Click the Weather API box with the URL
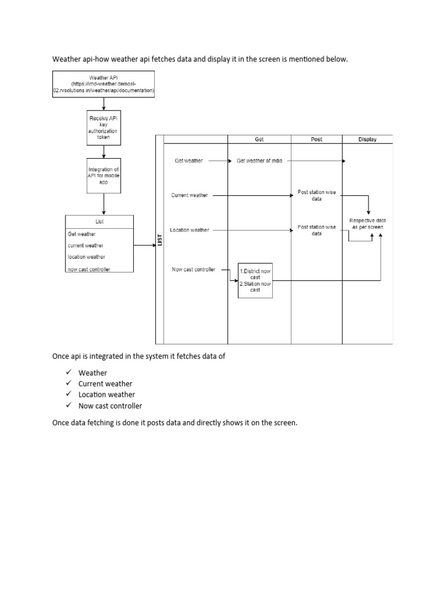pos(104,84)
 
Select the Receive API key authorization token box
pos(104,128)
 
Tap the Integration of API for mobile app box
pos(104,175)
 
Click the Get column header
pos(259,139)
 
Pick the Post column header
pos(316,139)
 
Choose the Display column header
pos(367,139)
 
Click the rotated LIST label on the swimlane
pos(160,239)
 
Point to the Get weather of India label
pos(260,161)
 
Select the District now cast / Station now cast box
pos(255,280)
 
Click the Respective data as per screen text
pos(367,224)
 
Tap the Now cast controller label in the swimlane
pos(194,269)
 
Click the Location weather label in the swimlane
pos(189,230)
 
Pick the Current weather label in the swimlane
pos(189,196)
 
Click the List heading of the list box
pos(99,221)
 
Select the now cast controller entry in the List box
pos(89,269)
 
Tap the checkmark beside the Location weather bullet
pos(68,394)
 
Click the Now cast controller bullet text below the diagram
pos(110,405)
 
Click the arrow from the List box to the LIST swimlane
pos(144,246)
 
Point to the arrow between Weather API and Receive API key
pos(104,104)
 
